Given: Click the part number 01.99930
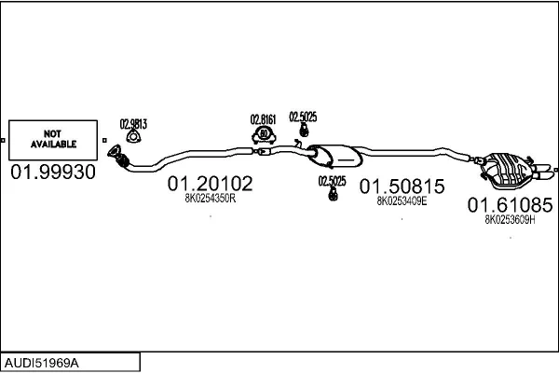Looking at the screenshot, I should pos(52,173).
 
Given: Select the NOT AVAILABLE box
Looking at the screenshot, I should pos(52,139).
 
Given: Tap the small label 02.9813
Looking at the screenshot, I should pos(133,122).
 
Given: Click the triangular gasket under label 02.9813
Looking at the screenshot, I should pos(133,138).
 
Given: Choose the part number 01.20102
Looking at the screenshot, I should pos(210,185).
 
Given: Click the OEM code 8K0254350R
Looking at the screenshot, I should pos(210,199).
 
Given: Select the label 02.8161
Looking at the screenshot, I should pos(265,118).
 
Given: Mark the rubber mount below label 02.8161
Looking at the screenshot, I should pos(264,137).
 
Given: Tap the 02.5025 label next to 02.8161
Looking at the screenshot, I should pos(303,117).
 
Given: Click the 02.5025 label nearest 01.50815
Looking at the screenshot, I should pos(332,181).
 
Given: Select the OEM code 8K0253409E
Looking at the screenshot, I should pos(402,200).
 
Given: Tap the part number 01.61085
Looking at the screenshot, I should pos(510,204).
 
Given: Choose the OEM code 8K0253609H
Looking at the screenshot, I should pos(510,219).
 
